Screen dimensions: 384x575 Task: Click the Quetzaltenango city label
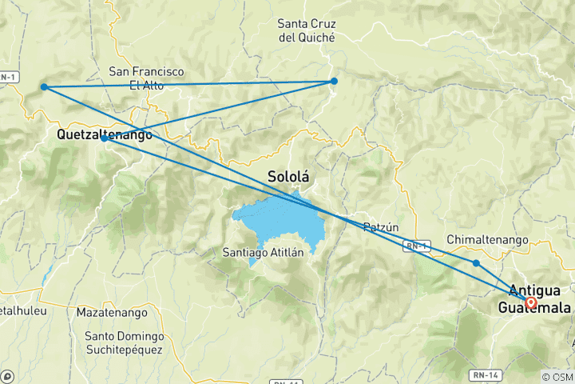[105, 136]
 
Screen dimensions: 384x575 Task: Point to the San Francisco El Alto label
[147, 78]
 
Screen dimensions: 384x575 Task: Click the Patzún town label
[380, 227]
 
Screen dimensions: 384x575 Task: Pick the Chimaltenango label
[487, 239]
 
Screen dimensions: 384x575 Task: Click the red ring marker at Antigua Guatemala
[531, 302]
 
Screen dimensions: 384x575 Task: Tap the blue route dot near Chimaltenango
[476, 263]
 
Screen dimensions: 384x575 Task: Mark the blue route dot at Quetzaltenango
[105, 138]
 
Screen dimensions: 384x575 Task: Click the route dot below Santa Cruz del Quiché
[334, 81]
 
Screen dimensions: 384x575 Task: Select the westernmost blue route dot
[45, 86]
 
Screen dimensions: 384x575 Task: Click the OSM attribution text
[558, 377]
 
